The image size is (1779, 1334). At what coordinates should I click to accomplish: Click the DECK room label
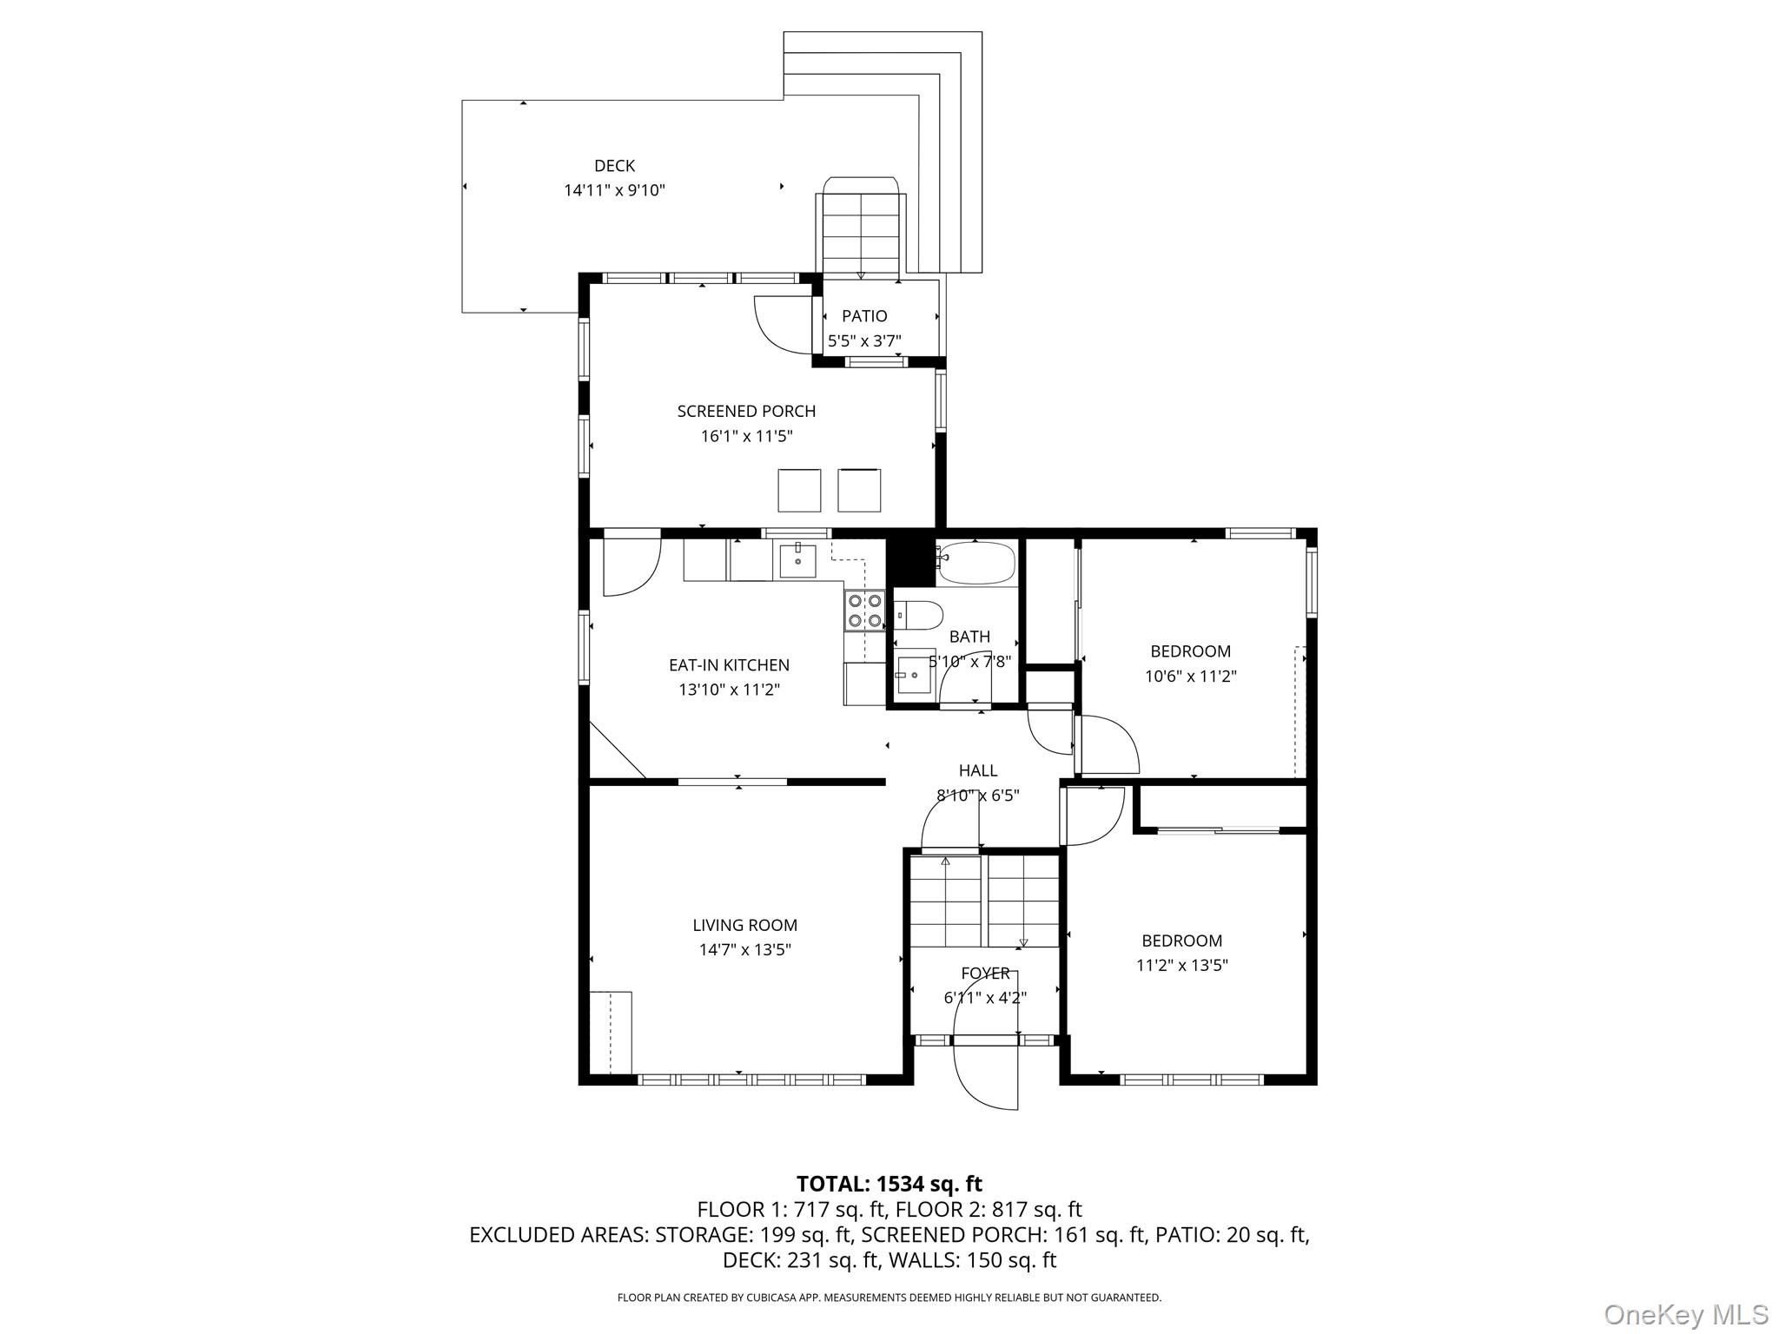pyautogui.click(x=614, y=166)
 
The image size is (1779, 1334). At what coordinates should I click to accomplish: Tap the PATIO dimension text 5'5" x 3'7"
pyautogui.click(x=863, y=341)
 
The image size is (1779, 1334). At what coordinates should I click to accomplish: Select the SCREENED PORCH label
pyautogui.click(x=746, y=412)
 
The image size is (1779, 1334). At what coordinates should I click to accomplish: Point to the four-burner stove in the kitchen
pyautogui.click(x=864, y=610)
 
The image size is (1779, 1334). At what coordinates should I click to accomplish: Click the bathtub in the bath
pyautogui.click(x=977, y=563)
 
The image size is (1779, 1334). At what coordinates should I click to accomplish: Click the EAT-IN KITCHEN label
pyautogui.click(x=729, y=665)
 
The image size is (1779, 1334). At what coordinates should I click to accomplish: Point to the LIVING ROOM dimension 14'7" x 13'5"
pyautogui.click(x=745, y=950)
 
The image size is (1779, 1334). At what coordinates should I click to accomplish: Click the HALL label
pyautogui.click(x=977, y=770)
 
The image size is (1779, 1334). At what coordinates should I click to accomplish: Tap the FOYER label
pyautogui.click(x=985, y=974)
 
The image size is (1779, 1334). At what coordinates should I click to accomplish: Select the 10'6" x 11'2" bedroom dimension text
pyautogui.click(x=1190, y=677)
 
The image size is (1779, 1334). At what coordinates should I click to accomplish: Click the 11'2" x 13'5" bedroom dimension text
pyautogui.click(x=1181, y=965)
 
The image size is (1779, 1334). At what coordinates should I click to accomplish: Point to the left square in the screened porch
pyautogui.click(x=799, y=490)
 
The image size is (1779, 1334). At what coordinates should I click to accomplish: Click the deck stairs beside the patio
pyautogui.click(x=860, y=234)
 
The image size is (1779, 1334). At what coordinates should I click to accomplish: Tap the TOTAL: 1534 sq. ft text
pyautogui.click(x=889, y=1184)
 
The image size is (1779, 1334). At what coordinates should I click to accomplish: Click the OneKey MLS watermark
pyautogui.click(x=1685, y=1314)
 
